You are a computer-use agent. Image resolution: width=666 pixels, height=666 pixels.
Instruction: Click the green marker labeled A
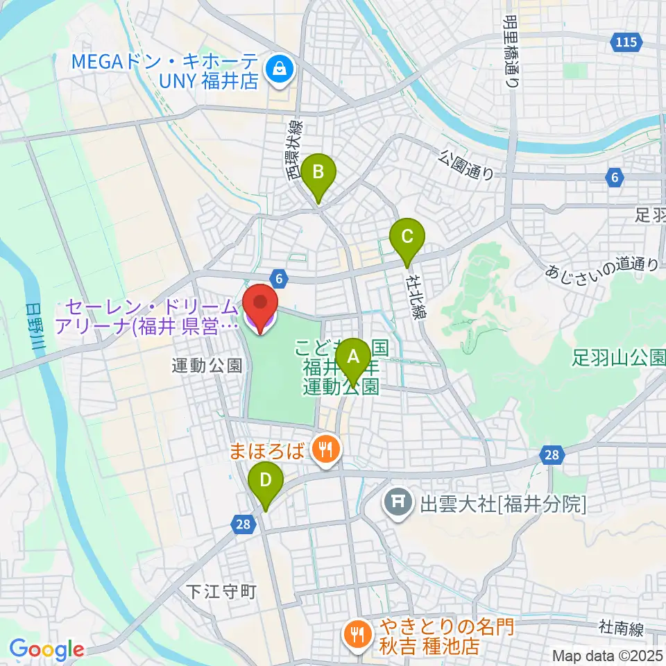pyautogui.click(x=353, y=359)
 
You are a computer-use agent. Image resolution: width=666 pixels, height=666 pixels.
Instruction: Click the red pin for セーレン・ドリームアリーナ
pyautogui.click(x=260, y=305)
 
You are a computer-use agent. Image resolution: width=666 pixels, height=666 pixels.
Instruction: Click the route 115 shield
pyautogui.click(x=625, y=43)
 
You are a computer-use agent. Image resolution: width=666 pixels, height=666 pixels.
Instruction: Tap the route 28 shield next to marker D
pyautogui.click(x=242, y=525)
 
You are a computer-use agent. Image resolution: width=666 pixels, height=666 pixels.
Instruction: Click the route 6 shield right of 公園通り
pyautogui.click(x=614, y=178)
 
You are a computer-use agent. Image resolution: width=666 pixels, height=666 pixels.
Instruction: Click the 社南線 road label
pyautogui.click(x=624, y=628)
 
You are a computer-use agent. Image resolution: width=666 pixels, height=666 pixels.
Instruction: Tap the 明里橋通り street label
pyautogui.click(x=513, y=51)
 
